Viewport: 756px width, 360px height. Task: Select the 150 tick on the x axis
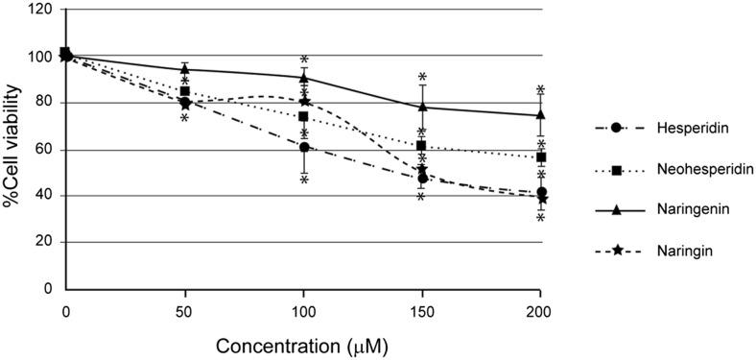pos(422,311)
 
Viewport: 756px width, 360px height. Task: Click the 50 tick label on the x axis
pos(185,311)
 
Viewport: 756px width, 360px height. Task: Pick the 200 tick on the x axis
pos(541,311)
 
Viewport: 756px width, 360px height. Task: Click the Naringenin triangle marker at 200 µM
pos(542,114)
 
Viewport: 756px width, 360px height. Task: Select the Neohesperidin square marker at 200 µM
pos(542,157)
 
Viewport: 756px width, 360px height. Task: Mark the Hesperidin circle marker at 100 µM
pos(304,147)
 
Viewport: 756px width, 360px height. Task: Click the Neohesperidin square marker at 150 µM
pos(422,145)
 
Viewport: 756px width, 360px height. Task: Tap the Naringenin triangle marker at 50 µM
pos(185,69)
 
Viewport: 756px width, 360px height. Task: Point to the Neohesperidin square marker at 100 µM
pos(303,117)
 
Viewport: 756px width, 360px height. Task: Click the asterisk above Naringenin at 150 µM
pos(422,77)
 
